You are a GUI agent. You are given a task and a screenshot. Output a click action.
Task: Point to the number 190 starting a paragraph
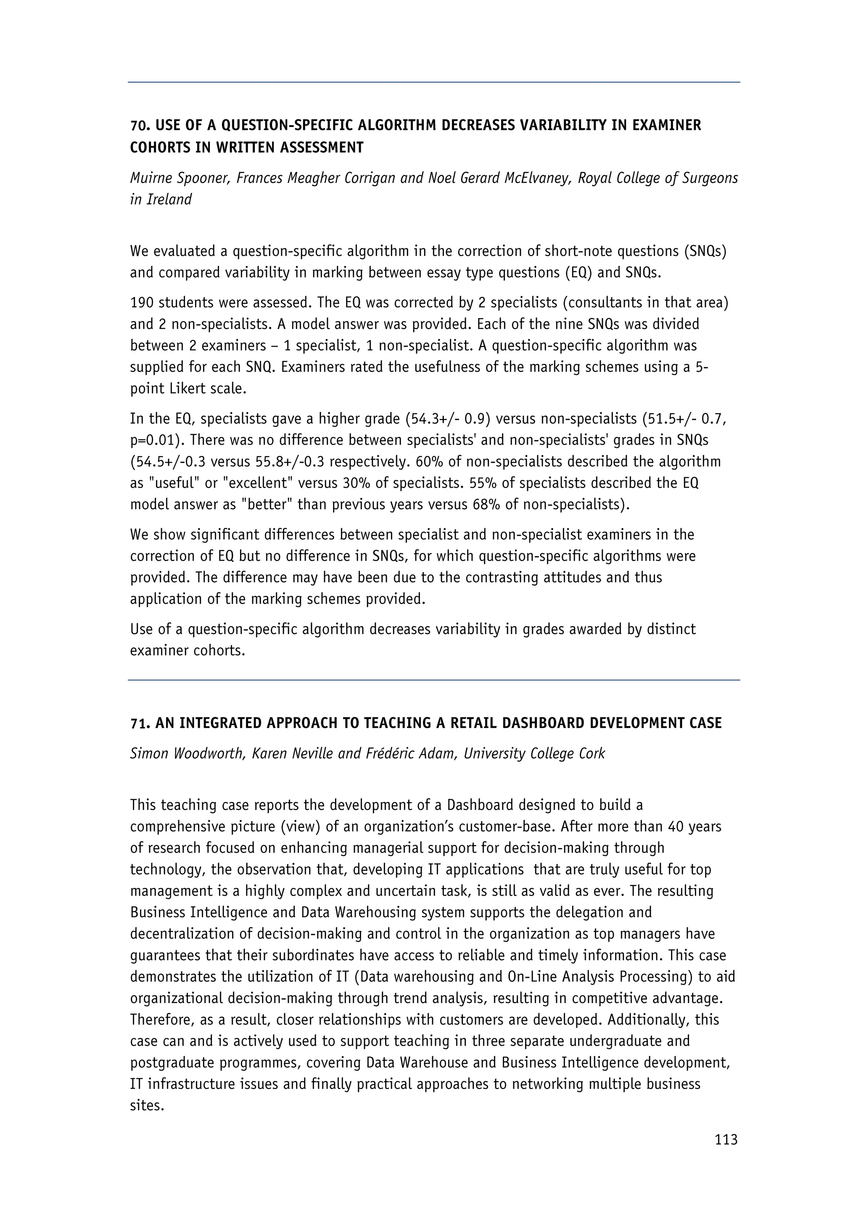(142, 303)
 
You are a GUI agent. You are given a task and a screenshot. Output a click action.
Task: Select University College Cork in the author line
(534, 754)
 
